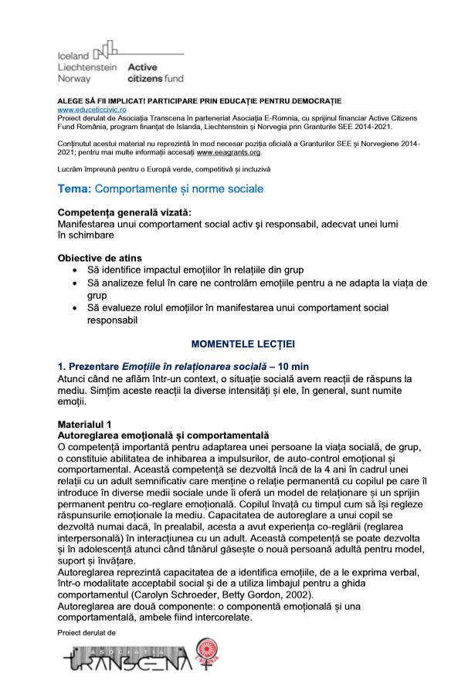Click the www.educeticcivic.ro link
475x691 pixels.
(93, 110)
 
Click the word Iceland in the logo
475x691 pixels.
(74, 55)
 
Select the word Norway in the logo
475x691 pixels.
(74, 79)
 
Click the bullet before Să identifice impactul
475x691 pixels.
(73, 270)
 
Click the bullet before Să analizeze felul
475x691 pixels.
(73, 283)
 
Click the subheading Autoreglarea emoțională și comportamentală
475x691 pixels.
(163, 435)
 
